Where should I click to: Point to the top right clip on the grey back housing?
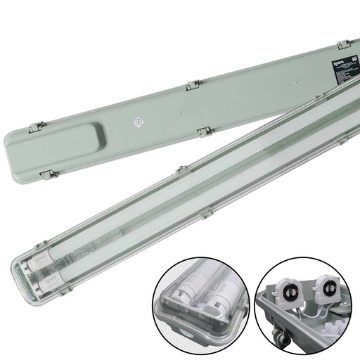coord(343,46)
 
